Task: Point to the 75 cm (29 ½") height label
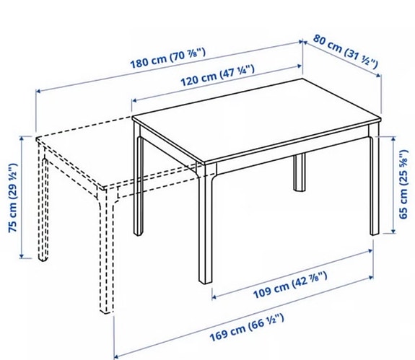(12, 196)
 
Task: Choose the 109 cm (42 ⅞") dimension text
(289, 293)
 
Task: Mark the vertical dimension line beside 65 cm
(393, 184)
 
